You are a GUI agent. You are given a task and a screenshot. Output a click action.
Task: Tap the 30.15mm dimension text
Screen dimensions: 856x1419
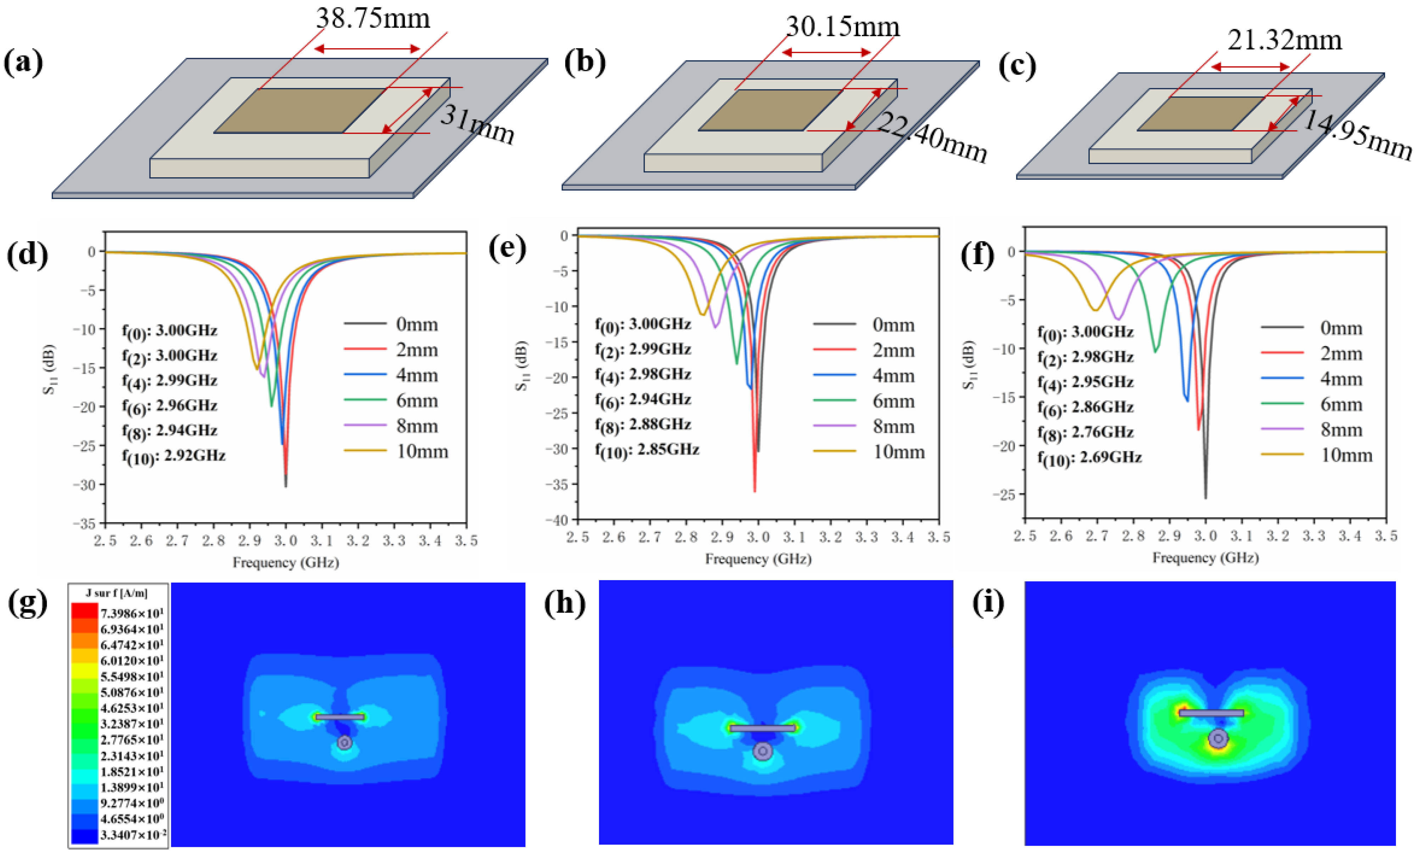(x=842, y=27)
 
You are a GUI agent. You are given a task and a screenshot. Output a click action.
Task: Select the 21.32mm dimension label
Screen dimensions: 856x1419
(x=1284, y=40)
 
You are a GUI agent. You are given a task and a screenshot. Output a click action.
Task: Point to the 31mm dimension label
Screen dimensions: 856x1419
(x=477, y=125)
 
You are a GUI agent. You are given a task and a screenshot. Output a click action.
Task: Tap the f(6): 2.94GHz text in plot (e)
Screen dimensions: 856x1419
(x=643, y=400)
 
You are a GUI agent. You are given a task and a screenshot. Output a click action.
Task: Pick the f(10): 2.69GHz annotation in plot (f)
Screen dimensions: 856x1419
(x=1089, y=458)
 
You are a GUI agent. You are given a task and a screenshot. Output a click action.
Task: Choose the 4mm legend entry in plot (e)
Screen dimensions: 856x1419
(x=893, y=376)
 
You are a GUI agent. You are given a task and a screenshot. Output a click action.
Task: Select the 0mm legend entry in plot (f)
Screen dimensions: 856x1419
(x=1341, y=328)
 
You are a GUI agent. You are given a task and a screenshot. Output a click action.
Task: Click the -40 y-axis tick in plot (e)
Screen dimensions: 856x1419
(x=557, y=520)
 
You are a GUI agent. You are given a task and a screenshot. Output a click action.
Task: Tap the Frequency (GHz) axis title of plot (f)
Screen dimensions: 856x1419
(x=1205, y=558)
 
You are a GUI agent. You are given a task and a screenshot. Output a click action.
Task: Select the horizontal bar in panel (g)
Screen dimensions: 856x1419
(x=340, y=717)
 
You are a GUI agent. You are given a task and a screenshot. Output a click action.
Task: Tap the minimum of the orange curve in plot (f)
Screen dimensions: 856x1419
(x=1095, y=311)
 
